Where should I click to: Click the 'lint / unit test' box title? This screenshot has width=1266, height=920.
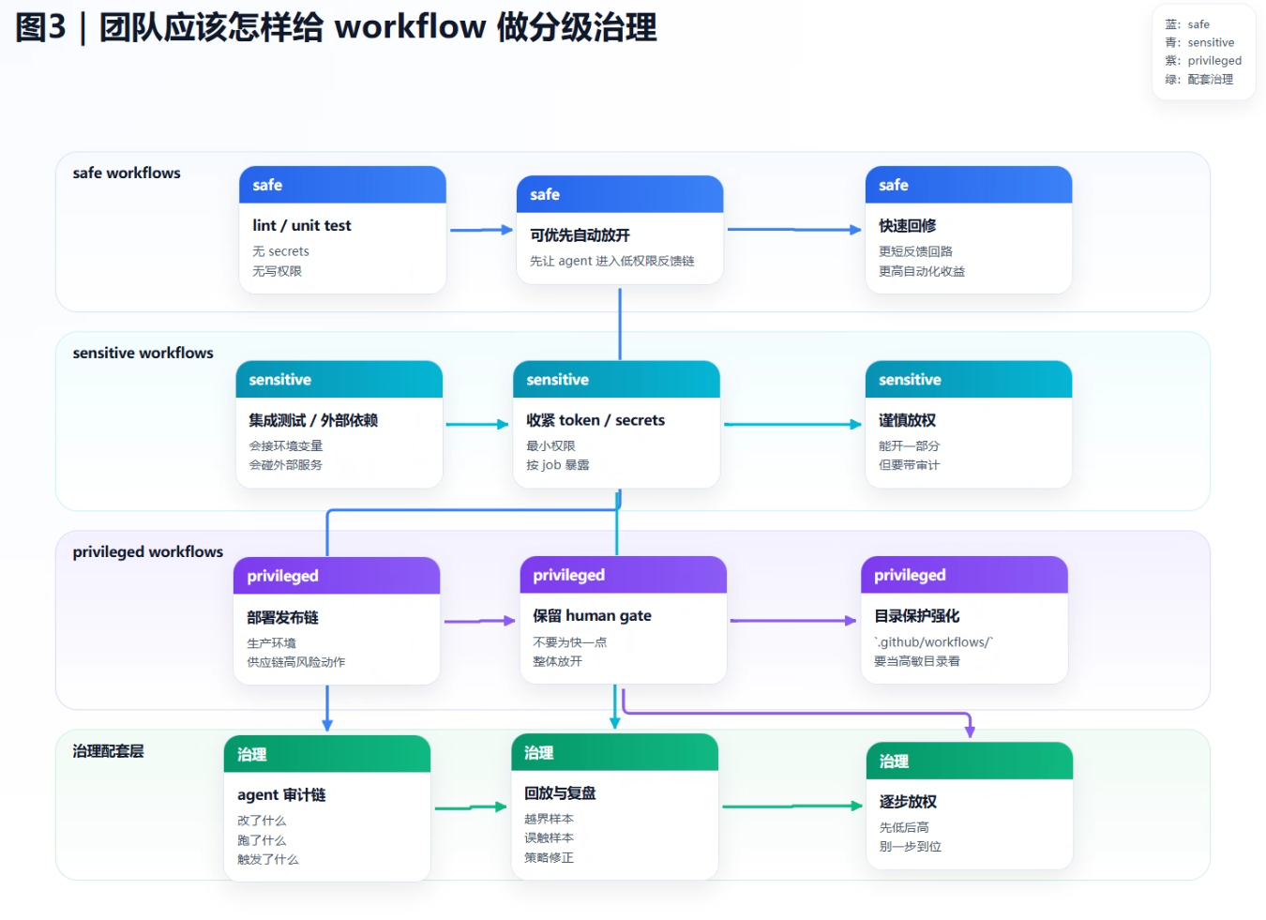pyautogui.click(x=301, y=226)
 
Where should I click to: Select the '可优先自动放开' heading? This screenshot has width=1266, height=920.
pyautogui.click(x=580, y=235)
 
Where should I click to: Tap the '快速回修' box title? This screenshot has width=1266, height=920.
pyautogui.click(x=907, y=226)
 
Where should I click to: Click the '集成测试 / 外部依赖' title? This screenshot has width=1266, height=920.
pyautogui.click(x=313, y=420)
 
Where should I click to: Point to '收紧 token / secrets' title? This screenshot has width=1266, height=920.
pyautogui.click(x=595, y=420)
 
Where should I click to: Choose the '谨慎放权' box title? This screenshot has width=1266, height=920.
pyautogui.click(x=907, y=420)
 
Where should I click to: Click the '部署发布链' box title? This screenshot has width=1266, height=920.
pyautogui.click(x=282, y=617)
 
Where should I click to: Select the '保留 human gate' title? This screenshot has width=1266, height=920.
pyautogui.click(x=592, y=616)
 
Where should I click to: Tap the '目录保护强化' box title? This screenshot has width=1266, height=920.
pyautogui.click(x=916, y=616)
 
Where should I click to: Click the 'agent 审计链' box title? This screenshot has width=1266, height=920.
pyautogui.click(x=281, y=795)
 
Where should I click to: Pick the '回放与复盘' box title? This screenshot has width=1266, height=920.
pyautogui.click(x=560, y=793)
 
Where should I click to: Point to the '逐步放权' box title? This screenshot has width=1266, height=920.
pyautogui.click(x=908, y=802)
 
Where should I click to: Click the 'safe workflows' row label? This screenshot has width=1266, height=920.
pyautogui.click(x=127, y=173)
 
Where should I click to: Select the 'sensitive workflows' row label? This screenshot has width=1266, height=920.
pyautogui.click(x=143, y=354)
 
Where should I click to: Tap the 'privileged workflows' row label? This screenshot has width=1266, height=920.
pyautogui.click(x=148, y=552)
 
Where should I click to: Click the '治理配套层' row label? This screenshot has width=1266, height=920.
pyautogui.click(x=108, y=751)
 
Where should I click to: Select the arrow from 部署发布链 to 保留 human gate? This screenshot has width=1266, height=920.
pyautogui.click(x=479, y=621)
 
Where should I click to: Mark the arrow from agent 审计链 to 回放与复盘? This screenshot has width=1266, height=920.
pyautogui.click(x=470, y=807)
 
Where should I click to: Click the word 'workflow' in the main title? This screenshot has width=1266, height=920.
pyautogui.click(x=410, y=27)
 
